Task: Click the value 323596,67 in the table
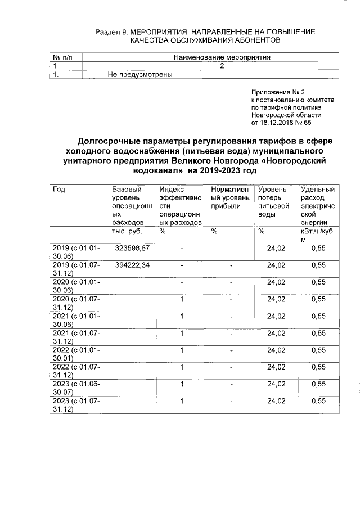[x=132, y=248]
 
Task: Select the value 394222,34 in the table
[x=132, y=265]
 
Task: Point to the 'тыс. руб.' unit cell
[x=127, y=231]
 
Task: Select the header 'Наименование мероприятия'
[x=222, y=57]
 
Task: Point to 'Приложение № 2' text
[x=278, y=92]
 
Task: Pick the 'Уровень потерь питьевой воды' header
[x=273, y=202]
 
